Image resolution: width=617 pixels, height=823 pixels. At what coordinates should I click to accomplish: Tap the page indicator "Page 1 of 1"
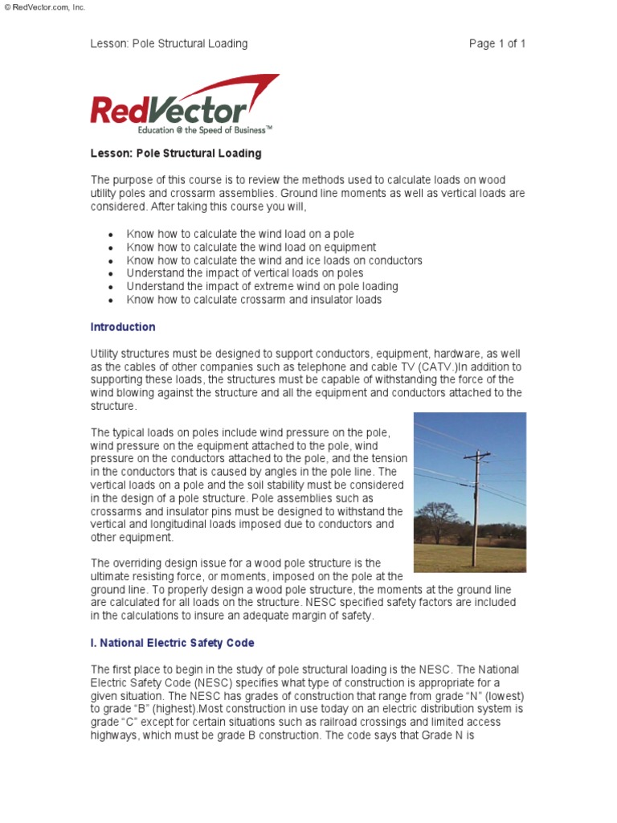pos(497,43)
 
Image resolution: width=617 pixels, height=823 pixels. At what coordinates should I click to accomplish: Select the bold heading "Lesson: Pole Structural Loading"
pos(175,153)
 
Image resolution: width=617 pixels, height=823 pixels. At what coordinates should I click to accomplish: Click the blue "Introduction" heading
pos(123,327)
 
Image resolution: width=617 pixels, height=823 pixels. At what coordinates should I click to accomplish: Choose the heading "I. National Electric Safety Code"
pos(172,642)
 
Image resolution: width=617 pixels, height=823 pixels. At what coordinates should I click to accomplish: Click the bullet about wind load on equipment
pos(251,248)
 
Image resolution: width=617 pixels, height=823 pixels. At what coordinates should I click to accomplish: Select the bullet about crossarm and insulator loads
pos(254,300)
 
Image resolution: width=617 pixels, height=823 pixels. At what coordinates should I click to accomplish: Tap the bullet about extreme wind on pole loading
pos(262,286)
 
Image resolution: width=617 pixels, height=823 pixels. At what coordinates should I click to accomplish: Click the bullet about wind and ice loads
pos(274,260)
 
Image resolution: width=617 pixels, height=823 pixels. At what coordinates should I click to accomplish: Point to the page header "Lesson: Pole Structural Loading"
pos(169,43)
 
